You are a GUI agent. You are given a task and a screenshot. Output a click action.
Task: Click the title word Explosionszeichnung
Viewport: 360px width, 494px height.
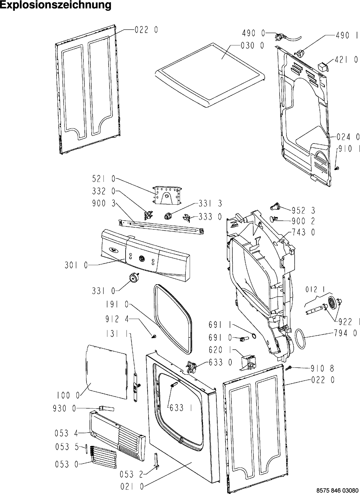pyautogui.click(x=56, y=5)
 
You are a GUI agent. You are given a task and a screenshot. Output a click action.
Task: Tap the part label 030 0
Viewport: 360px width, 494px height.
pyautogui.click(x=252, y=45)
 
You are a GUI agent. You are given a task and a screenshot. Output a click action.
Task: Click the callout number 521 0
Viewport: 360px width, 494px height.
pyautogui.click(x=104, y=179)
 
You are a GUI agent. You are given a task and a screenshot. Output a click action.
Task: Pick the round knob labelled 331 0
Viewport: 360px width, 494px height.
pyautogui.click(x=133, y=277)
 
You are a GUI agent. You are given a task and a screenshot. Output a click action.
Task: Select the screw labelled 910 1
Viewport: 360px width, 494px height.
pyautogui.click(x=336, y=168)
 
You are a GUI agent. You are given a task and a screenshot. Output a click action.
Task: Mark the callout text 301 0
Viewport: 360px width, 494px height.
pyautogui.click(x=76, y=265)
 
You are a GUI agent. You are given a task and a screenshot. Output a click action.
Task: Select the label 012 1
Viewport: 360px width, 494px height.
pyautogui.click(x=315, y=290)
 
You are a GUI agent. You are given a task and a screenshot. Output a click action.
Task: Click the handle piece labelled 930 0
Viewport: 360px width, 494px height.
pyautogui.click(x=106, y=409)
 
